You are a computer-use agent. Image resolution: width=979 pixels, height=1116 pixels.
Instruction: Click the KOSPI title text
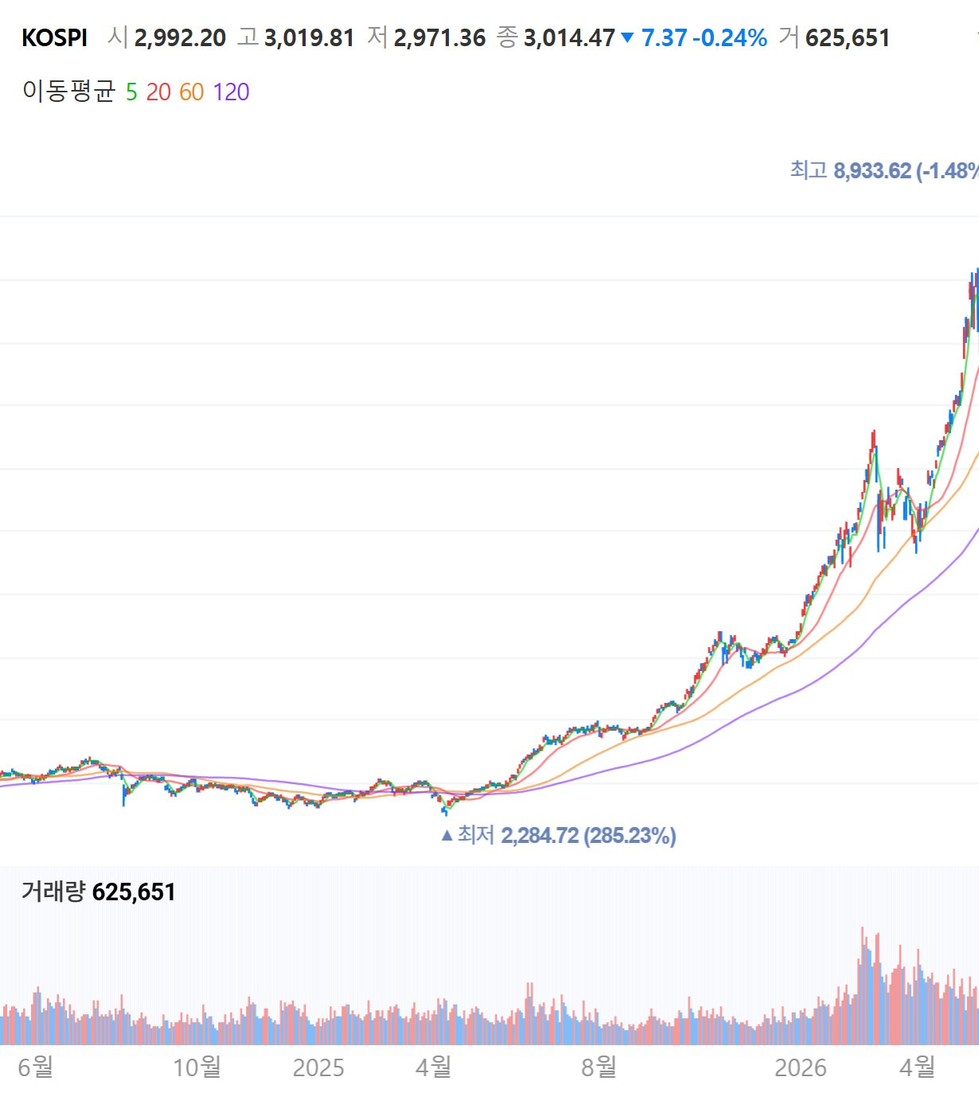point(55,38)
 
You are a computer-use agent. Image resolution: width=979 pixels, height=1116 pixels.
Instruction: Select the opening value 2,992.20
point(180,38)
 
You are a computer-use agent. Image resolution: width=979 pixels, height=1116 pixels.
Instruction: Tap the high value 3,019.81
point(309,38)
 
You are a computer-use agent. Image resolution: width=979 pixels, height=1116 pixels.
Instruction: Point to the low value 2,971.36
point(439,38)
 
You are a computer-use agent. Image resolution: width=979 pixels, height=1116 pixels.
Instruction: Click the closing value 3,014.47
point(569,38)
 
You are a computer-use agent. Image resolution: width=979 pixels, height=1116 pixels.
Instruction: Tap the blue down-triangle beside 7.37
point(627,37)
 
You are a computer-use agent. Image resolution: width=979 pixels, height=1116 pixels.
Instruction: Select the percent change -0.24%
point(729,38)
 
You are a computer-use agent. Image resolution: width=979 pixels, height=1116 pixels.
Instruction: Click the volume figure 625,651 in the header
point(848,38)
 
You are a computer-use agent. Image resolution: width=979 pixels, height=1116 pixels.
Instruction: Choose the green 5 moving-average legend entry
point(131,92)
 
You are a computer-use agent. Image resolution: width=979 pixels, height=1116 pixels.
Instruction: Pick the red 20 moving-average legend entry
point(158,92)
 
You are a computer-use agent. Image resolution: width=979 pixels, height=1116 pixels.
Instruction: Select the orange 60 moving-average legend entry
point(192,92)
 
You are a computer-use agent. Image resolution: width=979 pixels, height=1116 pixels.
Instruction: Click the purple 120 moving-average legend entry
point(232,92)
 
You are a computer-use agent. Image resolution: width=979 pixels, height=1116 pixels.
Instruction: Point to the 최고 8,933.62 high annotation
point(884,170)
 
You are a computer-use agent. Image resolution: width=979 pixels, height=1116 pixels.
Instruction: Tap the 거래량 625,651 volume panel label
point(99,892)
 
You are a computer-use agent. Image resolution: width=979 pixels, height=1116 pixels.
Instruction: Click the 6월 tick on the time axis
point(36,1067)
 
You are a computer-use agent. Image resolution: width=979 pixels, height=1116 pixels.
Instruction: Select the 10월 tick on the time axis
point(197,1067)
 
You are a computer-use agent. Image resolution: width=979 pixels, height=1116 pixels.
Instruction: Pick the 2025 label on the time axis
point(318,1067)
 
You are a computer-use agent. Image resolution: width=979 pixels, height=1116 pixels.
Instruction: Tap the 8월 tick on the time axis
point(599,1067)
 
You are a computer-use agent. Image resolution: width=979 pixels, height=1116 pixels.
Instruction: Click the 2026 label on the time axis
point(801,1067)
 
